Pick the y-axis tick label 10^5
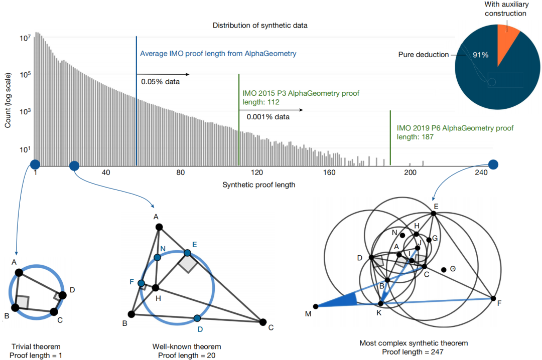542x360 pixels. [25, 75]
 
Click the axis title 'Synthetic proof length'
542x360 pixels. [258, 185]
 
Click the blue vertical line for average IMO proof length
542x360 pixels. [137, 100]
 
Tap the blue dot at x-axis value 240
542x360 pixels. [493, 164]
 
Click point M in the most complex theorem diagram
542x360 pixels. [316, 306]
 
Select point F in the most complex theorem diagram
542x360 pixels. [493, 298]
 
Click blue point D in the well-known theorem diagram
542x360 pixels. [197, 318]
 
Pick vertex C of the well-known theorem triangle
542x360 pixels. [262, 322]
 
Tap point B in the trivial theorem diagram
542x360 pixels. [15, 307]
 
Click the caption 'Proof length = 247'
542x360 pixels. [413, 351]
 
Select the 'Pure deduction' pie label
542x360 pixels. [424, 55]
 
